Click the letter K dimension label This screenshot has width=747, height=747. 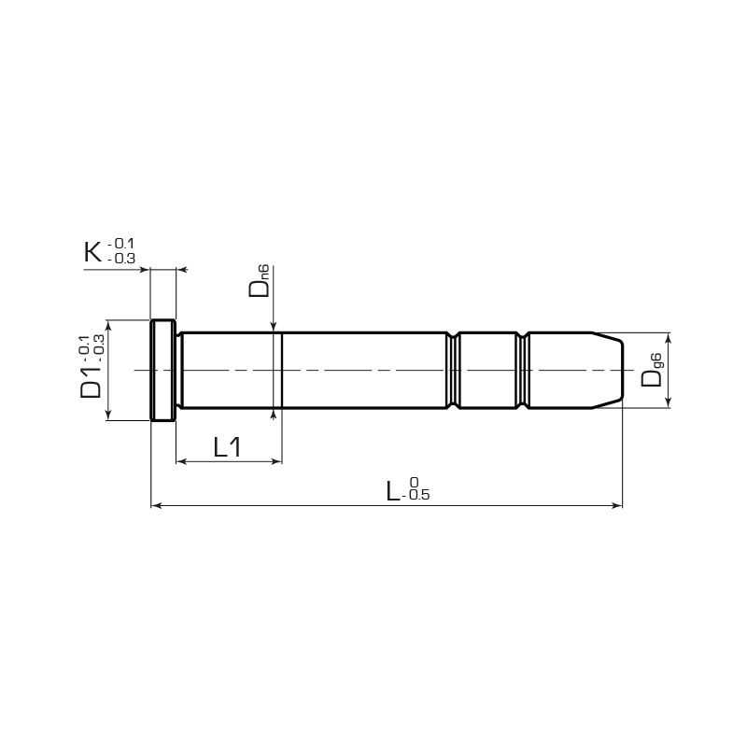coord(92,252)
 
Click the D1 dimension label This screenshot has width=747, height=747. coord(91,381)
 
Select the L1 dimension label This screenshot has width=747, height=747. coord(227,447)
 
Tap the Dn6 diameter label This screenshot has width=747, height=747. coord(261,281)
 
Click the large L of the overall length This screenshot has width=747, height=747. coord(395,490)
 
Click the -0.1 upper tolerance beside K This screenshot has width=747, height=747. coord(121,244)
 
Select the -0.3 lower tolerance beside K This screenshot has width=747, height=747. coord(121,259)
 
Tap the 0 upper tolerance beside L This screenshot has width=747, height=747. coord(414,482)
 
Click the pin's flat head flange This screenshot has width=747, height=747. coord(162,371)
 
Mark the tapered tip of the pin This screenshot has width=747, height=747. coord(609,371)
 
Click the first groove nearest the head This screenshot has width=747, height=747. coord(453,371)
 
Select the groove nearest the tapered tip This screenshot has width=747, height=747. coord(523,371)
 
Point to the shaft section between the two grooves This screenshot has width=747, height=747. coord(487,371)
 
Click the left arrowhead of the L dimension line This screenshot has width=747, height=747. coord(155,506)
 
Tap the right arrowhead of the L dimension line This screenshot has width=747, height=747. coord(617,506)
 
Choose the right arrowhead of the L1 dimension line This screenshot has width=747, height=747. coord(276,461)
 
